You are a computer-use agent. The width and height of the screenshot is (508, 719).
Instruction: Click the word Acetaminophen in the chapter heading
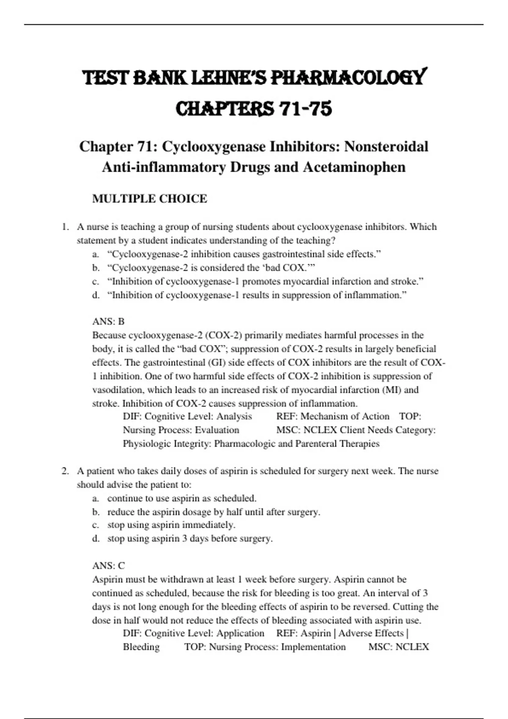[x=354, y=167]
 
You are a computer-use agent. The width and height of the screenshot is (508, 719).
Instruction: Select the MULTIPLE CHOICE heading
[x=149, y=199]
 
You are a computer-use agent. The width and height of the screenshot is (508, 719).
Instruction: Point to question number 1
[x=65, y=227]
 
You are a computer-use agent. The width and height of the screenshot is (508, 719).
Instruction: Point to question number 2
[x=65, y=471]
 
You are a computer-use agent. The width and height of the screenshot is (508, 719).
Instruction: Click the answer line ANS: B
[x=108, y=321]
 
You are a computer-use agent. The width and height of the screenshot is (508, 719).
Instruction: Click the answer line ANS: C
[x=108, y=566]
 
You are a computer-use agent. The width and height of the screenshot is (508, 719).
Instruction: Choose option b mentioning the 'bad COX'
[x=211, y=268]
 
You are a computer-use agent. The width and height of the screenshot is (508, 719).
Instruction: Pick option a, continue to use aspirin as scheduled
[x=182, y=498]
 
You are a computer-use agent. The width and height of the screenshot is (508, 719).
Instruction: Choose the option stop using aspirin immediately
[x=171, y=525]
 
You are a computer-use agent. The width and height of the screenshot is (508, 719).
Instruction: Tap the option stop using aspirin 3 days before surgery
[x=190, y=538]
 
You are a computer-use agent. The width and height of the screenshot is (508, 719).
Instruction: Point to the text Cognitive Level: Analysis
[x=198, y=417]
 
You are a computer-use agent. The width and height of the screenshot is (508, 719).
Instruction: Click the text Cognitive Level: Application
[x=204, y=634]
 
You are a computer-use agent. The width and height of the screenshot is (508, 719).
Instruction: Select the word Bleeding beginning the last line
[x=141, y=647]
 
